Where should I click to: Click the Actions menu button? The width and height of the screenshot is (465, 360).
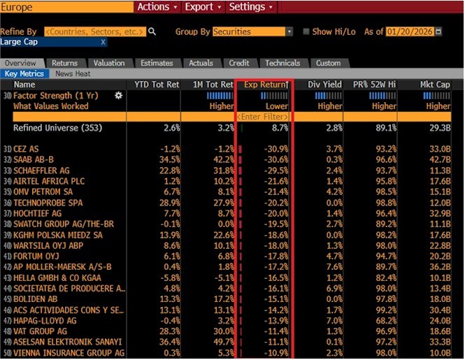tap(157, 7)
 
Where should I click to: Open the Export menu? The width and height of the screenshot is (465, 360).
tap(203, 7)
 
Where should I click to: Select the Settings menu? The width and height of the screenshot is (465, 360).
tap(251, 7)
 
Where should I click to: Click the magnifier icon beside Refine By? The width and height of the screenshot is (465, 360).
tap(152, 31)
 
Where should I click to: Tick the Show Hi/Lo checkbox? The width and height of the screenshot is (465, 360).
tap(306, 31)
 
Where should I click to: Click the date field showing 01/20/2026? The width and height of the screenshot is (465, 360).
tap(410, 31)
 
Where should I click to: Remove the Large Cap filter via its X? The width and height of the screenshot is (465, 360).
tap(103, 42)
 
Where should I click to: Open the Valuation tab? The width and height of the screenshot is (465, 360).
tap(109, 63)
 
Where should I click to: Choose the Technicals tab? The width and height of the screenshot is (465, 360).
tap(282, 63)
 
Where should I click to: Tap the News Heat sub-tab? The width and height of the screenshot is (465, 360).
tap(73, 74)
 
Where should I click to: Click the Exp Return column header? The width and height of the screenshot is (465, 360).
tap(266, 85)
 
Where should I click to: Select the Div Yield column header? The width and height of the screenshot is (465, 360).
tap(324, 85)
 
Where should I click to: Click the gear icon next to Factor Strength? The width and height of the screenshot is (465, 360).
tap(118, 96)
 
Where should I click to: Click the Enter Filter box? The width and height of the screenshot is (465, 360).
tap(262, 117)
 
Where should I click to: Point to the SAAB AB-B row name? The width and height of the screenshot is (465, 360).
tap(34, 159)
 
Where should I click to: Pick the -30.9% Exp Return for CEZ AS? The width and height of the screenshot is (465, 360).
tap(276, 149)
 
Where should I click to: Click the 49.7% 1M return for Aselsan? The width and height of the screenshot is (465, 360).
tap(224, 342)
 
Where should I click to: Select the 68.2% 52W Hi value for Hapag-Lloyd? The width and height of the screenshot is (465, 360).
tap(386, 321)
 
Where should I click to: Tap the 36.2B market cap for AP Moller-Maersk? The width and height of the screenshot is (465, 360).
tap(440, 267)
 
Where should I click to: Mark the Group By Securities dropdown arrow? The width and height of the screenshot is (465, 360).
tap(289, 31)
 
